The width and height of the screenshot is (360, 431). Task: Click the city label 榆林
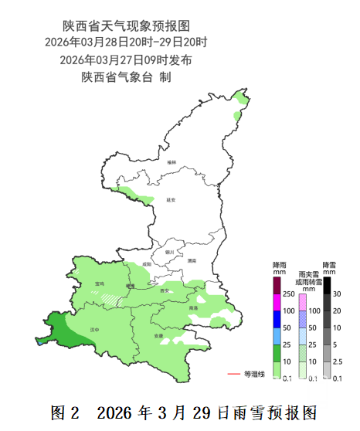172,161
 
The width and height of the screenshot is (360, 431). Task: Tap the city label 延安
172,199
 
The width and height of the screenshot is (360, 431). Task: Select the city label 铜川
169,251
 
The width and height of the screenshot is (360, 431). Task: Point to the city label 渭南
192,260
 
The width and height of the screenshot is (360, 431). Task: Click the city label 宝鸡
100,283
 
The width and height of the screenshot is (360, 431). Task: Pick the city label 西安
164,290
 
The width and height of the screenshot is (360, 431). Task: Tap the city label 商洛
193,307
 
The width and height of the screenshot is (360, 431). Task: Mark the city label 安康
158,336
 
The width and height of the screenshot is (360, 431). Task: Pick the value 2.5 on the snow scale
338,361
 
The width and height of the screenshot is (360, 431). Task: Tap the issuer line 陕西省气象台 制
125,77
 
